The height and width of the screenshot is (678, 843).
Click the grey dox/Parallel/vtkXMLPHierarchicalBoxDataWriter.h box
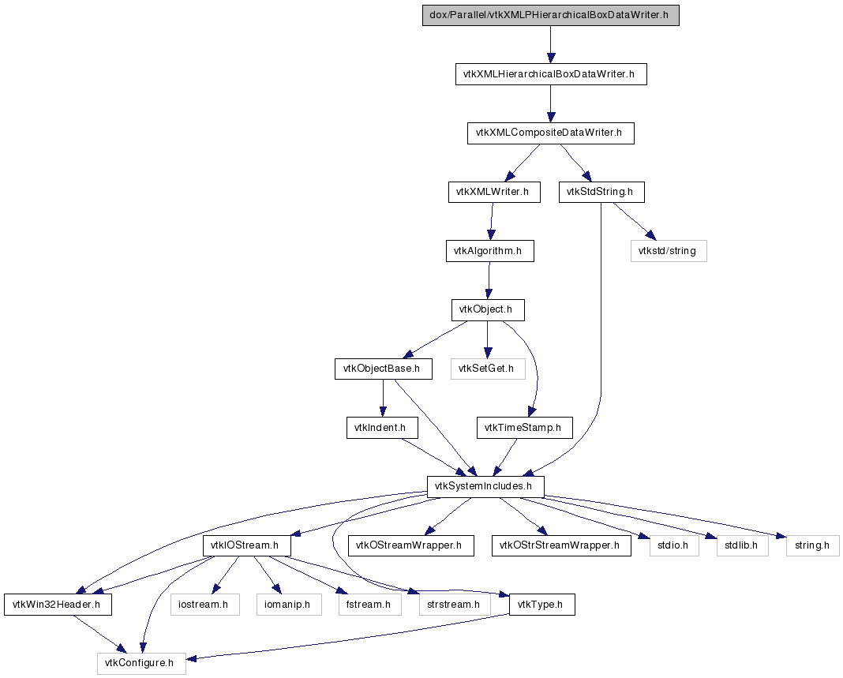point(550,15)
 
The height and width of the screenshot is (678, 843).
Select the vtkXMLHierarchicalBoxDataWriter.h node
point(551,74)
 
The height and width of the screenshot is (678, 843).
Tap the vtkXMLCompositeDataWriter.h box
point(550,133)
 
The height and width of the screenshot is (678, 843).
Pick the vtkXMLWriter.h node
point(494,192)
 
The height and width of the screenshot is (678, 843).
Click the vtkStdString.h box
point(601,192)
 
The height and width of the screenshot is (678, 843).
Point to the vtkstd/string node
point(669,251)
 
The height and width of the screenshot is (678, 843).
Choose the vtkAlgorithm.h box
point(490,251)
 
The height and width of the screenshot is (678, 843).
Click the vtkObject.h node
point(488,310)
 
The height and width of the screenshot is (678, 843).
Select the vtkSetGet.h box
point(488,369)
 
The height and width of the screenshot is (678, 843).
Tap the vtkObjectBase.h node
point(384,369)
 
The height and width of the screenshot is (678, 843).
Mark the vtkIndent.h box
point(382,428)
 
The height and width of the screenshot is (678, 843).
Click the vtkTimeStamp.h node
point(525,428)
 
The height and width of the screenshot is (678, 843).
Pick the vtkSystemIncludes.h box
point(485,486)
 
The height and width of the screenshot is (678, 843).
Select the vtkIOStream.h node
point(247,545)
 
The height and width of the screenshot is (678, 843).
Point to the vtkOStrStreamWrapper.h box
point(561,545)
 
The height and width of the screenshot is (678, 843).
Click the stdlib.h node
point(743,545)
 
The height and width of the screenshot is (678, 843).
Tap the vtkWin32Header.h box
point(58,605)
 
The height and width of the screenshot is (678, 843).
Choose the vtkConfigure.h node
point(141,664)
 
